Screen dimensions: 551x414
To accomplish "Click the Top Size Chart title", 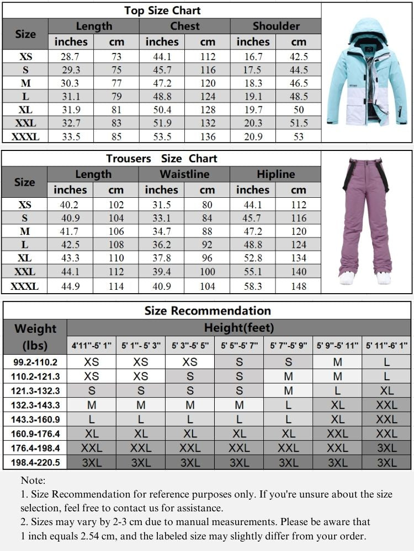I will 162,10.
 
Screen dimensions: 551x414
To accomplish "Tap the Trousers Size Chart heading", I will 162,159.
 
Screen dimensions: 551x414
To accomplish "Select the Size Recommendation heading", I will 208,311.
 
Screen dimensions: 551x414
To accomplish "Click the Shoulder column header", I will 275,26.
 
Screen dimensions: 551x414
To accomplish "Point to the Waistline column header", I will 184,174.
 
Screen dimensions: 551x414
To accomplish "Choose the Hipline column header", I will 275,174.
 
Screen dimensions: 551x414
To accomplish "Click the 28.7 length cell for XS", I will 71,57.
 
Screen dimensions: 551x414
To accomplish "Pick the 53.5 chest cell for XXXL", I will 162,137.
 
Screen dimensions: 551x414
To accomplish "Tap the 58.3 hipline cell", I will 252,286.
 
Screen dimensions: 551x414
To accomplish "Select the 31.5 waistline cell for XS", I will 161,205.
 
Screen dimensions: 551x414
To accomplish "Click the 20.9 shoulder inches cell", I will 252,137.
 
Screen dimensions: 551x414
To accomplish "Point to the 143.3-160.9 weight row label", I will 35,419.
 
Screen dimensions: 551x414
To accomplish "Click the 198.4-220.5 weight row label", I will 35,462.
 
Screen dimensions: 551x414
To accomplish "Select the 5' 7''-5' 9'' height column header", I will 288,345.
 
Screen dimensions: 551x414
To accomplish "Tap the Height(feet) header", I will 239,328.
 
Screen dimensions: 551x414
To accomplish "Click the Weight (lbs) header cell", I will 35,337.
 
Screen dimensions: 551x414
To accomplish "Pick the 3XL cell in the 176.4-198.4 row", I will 386,448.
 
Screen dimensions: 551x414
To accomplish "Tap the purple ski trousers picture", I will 366,220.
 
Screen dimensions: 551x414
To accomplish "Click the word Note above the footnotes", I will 33,481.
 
